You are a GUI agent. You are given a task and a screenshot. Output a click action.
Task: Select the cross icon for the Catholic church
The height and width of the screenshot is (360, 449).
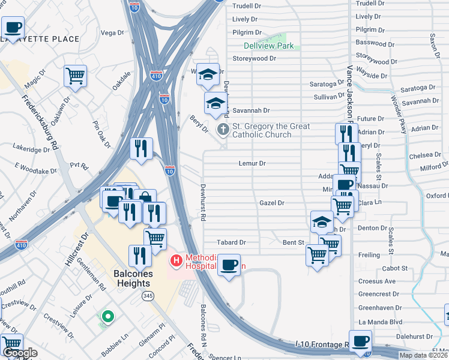(x=223, y=128)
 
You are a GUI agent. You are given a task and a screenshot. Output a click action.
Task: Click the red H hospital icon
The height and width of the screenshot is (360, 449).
(x=176, y=260)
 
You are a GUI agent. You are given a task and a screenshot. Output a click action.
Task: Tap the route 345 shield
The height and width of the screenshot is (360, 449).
(x=147, y=296)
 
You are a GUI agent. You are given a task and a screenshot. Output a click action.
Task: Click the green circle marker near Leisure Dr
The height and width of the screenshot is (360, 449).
(x=107, y=316)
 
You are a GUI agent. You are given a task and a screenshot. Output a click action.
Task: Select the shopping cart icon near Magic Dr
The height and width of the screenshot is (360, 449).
(x=76, y=76)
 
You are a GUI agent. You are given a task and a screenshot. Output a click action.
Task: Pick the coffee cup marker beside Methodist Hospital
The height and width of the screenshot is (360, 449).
(x=229, y=265)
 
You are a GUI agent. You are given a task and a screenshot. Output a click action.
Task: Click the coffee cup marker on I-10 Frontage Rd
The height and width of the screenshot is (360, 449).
(x=360, y=341)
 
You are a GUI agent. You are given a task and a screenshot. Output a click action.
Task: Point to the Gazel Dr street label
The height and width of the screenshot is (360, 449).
(x=271, y=203)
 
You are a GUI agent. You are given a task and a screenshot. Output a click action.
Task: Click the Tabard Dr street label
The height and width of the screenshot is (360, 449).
(x=231, y=242)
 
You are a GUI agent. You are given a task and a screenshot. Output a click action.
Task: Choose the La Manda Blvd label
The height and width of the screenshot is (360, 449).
(x=380, y=322)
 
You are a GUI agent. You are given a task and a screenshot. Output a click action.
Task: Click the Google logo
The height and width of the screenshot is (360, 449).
(x=20, y=353)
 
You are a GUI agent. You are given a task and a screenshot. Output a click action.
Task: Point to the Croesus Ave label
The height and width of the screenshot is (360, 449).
(x=376, y=281)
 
